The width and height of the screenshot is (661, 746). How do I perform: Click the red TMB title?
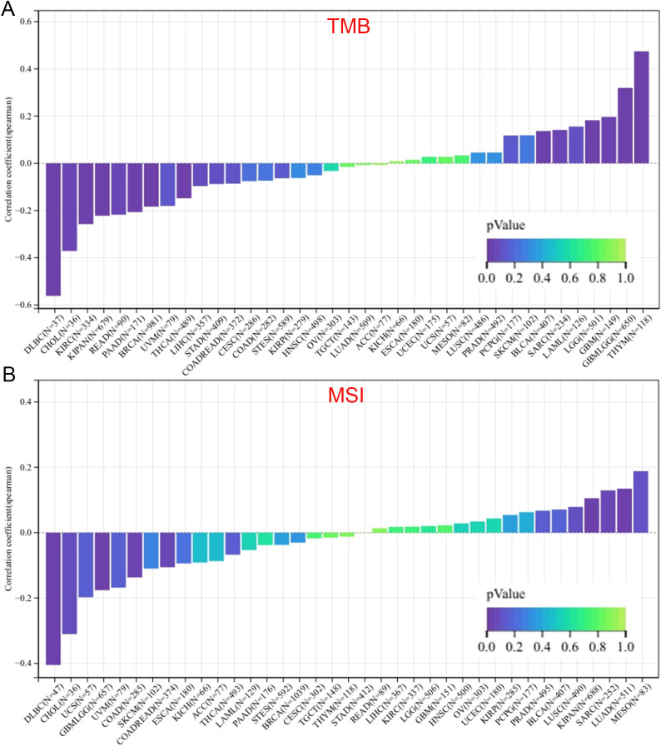(349, 27)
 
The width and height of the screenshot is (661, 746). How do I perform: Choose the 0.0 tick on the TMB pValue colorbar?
(487, 276)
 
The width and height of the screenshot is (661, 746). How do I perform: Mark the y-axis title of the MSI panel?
(9, 533)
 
